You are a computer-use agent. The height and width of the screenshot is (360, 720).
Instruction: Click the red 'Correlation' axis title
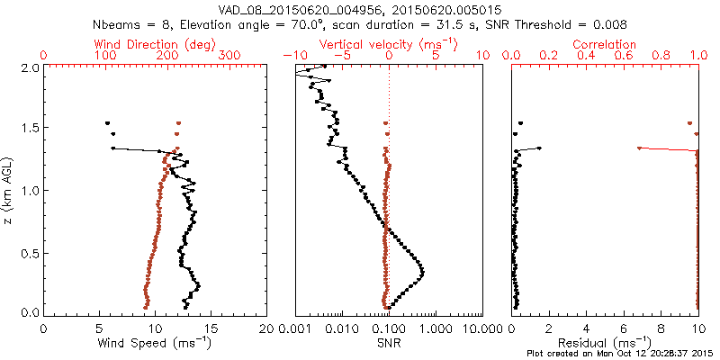(x=605, y=44)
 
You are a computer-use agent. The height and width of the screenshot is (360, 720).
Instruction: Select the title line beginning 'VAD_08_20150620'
(x=360, y=10)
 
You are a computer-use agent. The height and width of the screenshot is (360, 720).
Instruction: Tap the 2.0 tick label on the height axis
(x=31, y=67)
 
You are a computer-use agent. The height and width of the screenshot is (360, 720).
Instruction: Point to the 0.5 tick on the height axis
(x=31, y=252)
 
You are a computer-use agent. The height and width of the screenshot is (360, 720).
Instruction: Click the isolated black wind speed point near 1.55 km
(x=107, y=122)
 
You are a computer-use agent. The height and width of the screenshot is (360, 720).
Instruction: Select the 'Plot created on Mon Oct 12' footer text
(x=621, y=354)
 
